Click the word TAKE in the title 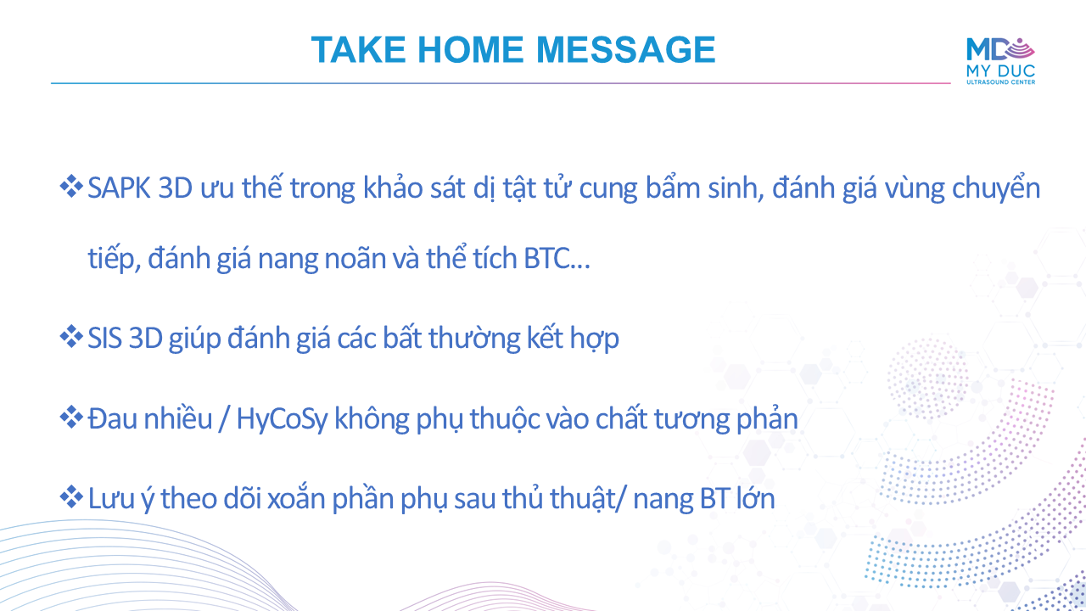(x=358, y=49)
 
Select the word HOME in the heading (x=470, y=49)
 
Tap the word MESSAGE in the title (x=626, y=49)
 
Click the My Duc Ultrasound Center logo (x=1000, y=61)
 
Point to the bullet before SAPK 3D (x=71, y=187)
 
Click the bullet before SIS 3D (x=71, y=337)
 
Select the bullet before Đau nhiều (x=71, y=418)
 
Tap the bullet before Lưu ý (x=71, y=497)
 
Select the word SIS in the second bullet (x=104, y=338)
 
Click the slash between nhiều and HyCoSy (x=224, y=419)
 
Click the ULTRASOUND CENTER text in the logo (x=1000, y=82)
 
